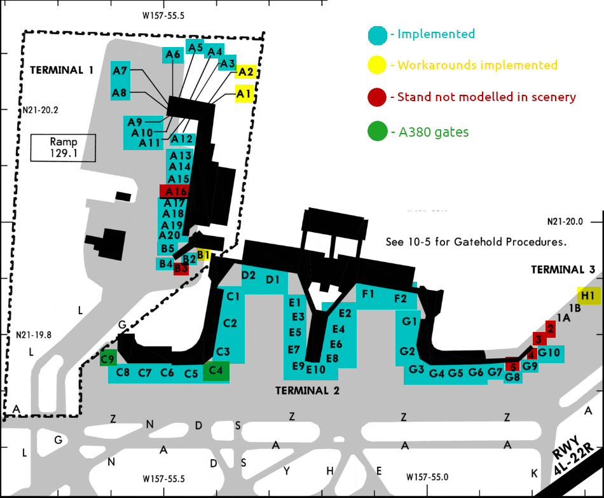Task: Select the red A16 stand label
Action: pyautogui.click(x=174, y=191)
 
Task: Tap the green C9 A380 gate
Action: pyautogui.click(x=108, y=359)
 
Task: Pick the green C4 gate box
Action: pyautogui.click(x=216, y=371)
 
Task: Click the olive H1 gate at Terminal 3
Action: pyautogui.click(x=588, y=295)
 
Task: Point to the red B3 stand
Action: pyautogui.click(x=181, y=268)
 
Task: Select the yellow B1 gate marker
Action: pyautogui.click(x=203, y=255)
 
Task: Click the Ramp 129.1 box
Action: pyautogui.click(x=64, y=148)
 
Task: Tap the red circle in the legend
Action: pyautogui.click(x=376, y=97)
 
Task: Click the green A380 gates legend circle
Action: pyautogui.click(x=376, y=132)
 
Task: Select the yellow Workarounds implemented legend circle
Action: pyautogui.click(x=376, y=65)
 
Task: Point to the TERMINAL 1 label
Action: pyautogui.click(x=61, y=70)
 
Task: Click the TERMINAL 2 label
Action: pyautogui.click(x=307, y=391)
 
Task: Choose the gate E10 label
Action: pyautogui.click(x=316, y=370)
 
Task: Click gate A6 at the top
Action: pyautogui.click(x=173, y=55)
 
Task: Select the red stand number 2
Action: pyautogui.click(x=551, y=329)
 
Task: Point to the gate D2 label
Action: pyautogui.click(x=249, y=275)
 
